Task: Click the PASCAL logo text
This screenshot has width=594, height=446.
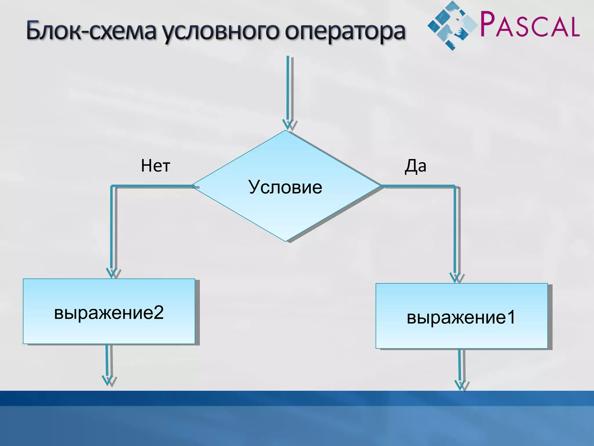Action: pos(530,25)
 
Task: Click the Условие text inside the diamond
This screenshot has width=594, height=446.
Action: pos(285,187)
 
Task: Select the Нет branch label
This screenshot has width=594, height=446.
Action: pos(155,166)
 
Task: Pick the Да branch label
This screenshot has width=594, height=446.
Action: pos(415,166)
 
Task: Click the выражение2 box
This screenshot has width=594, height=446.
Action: pos(109,312)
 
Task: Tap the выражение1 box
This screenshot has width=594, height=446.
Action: pos(461,316)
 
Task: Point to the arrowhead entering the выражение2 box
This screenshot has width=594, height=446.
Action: pos(111,273)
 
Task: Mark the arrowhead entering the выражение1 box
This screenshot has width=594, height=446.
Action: pos(455,278)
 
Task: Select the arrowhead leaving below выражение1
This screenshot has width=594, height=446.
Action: pos(460,385)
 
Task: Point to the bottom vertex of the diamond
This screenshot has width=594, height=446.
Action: pos(286,241)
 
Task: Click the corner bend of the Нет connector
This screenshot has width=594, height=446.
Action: pos(112,186)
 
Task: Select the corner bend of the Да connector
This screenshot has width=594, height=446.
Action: pos(454,186)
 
